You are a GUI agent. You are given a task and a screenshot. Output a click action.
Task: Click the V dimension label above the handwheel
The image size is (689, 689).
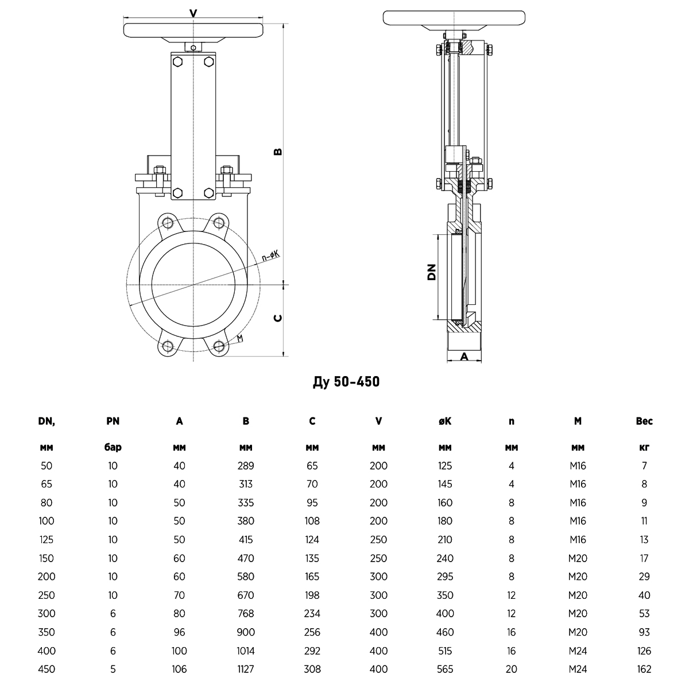(x=193, y=14)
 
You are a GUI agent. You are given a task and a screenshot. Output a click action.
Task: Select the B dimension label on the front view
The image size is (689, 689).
(x=278, y=152)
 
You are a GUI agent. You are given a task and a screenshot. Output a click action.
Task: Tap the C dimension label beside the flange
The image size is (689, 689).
(x=278, y=318)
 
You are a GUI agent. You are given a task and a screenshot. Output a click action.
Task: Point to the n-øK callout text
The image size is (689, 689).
(x=270, y=256)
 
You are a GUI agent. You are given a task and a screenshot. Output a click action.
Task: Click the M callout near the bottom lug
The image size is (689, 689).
(x=240, y=338)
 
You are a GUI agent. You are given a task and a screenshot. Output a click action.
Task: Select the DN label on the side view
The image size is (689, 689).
(x=432, y=272)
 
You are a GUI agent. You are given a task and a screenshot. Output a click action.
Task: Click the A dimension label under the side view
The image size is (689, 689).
(x=464, y=357)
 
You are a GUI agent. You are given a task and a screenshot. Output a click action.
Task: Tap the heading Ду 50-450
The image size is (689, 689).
(x=346, y=382)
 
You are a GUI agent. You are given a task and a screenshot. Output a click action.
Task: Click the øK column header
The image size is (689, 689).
(x=445, y=421)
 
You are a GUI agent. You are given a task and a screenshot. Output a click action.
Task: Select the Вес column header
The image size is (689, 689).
(x=644, y=421)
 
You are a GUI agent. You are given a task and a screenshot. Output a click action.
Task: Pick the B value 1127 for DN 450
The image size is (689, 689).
(x=246, y=669)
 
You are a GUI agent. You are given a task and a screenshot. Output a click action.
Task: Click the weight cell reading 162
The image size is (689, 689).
(x=644, y=669)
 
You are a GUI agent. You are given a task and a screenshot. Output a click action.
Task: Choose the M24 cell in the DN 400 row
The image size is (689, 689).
(x=578, y=651)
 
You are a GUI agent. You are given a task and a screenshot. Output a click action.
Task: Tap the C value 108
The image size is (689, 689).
(x=312, y=521)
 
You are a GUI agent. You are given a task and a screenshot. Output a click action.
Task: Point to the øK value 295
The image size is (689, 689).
(x=445, y=576)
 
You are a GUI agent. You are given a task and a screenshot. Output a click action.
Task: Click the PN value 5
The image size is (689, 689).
(x=113, y=669)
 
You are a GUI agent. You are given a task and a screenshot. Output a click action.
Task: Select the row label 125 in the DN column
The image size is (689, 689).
(x=47, y=540)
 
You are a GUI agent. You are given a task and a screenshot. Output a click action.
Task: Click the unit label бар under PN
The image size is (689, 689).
(x=113, y=447)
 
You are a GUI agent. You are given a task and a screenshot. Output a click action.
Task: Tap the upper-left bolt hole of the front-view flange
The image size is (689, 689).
(x=167, y=223)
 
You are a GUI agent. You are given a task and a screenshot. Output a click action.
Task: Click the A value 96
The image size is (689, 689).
(x=179, y=632)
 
